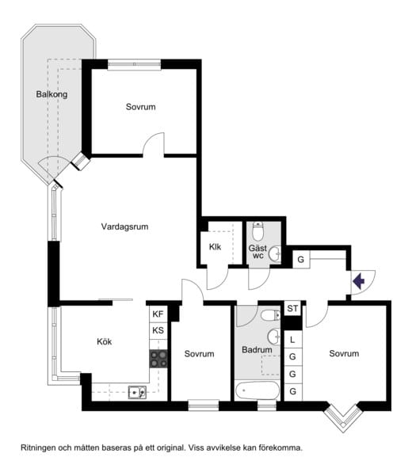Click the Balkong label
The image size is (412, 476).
click(51, 94)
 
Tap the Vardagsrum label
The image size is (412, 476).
click(124, 227)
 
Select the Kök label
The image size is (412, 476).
click(104, 341)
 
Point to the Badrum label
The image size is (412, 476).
click(257, 350)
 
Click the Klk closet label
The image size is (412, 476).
click(215, 247)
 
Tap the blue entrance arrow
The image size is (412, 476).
click(359, 281)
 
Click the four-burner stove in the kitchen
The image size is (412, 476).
click(158, 359)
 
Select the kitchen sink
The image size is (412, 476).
click(137, 392)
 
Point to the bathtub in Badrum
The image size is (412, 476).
click(257, 390)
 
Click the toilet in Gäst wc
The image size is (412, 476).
click(257, 231)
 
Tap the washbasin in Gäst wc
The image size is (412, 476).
click(275, 253)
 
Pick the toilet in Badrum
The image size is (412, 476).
click(270, 315)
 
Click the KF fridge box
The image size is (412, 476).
click(158, 314)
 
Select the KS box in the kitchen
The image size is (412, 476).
click(158, 330)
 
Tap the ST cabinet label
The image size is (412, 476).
click(292, 308)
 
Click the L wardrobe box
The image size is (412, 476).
click(292, 340)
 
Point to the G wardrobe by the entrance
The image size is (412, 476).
click(301, 260)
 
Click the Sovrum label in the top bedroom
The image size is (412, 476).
click(140, 107)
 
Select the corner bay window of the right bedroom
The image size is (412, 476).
click(343, 417)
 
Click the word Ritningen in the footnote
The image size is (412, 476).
click(39, 447)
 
